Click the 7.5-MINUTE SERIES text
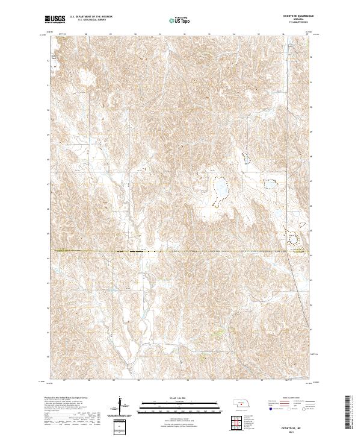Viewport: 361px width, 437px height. [294, 22]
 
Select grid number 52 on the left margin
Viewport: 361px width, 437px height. [49, 60]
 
